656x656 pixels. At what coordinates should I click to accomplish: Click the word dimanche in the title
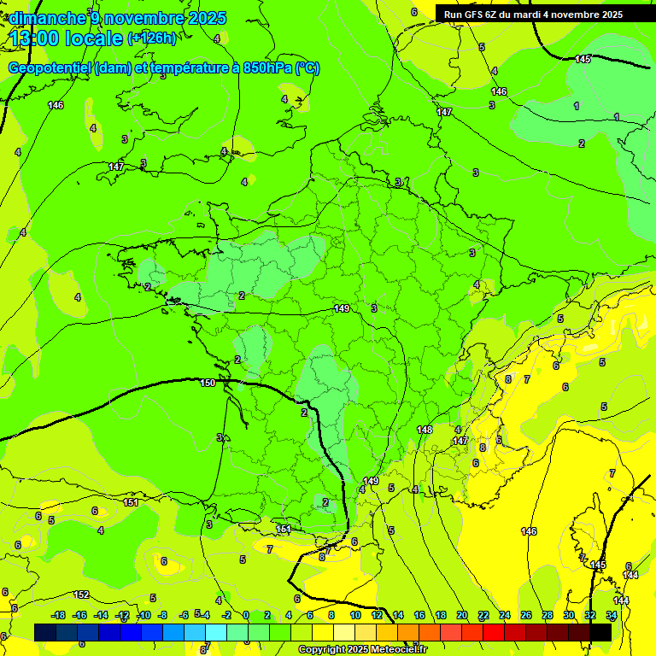coord(47,18)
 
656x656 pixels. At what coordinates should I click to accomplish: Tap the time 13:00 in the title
coord(35,38)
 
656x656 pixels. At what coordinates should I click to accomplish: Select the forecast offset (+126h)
coord(151,38)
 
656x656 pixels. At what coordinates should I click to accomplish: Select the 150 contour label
coord(208,383)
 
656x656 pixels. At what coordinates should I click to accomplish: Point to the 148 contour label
coord(425,429)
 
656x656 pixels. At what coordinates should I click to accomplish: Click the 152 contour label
coord(81,594)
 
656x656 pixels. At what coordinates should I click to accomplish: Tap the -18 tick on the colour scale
coord(58,615)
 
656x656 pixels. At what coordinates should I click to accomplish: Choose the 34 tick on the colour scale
coord(612,615)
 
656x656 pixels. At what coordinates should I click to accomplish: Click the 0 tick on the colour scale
coord(246,615)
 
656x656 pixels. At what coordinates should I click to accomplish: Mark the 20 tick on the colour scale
coord(462,615)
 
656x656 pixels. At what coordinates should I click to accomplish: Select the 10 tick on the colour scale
coord(355,615)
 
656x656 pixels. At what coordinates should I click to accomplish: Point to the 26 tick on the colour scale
coord(525,615)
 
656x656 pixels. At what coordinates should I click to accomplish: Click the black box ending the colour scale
coord(601,632)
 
